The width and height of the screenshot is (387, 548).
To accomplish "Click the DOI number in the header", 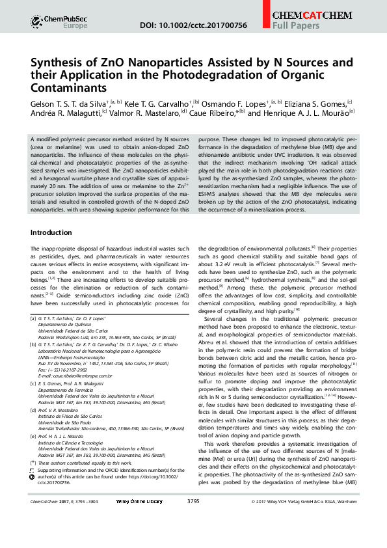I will [194, 25].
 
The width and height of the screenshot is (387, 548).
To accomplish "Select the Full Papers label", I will [295, 26].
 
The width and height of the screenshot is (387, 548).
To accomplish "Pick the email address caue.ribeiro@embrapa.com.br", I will [84, 376].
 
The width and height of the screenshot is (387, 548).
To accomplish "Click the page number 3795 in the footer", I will [193, 520].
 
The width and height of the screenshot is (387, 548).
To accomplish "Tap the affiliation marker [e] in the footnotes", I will [33, 437].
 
